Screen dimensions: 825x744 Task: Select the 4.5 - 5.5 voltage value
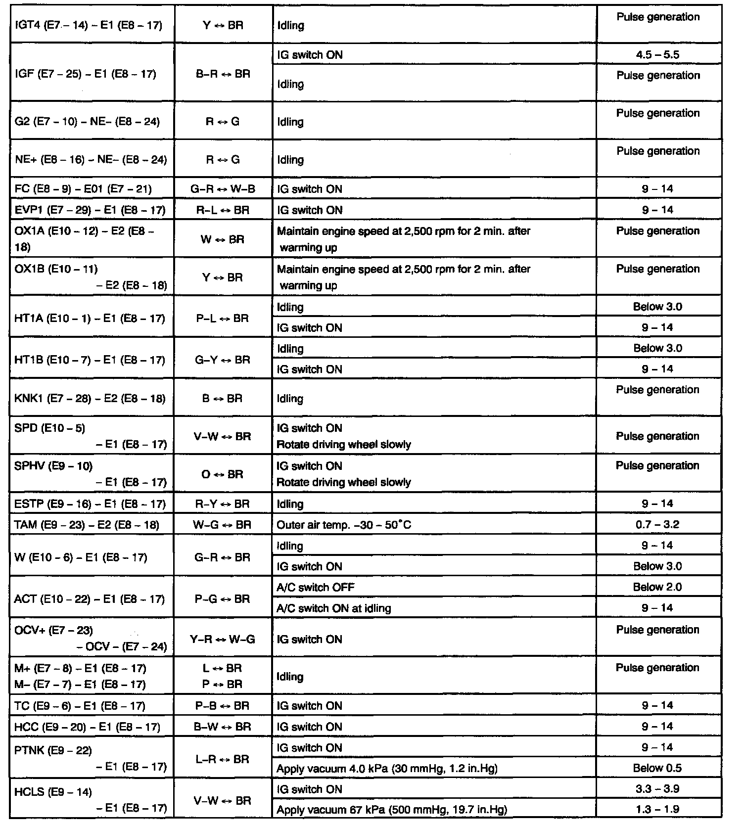coord(657,55)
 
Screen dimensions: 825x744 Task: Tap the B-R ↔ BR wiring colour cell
coord(223,74)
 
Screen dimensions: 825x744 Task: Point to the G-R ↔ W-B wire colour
coord(223,189)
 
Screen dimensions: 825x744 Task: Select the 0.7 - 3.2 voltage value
coord(657,524)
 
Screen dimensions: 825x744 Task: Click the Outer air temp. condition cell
coord(344,525)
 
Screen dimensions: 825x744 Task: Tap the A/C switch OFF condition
coord(316,588)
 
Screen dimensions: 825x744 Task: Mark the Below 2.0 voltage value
coord(657,587)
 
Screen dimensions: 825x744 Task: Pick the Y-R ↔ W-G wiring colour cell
coord(223,640)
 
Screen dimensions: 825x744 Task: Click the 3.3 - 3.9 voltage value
coord(657,789)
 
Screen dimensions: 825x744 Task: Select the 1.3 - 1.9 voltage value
coord(657,810)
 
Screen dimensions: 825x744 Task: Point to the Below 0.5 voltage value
coord(657,768)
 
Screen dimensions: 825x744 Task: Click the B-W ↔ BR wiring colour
coord(223,727)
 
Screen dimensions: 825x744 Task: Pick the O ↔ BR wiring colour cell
coord(223,474)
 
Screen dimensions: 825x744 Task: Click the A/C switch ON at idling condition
coord(334,608)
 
